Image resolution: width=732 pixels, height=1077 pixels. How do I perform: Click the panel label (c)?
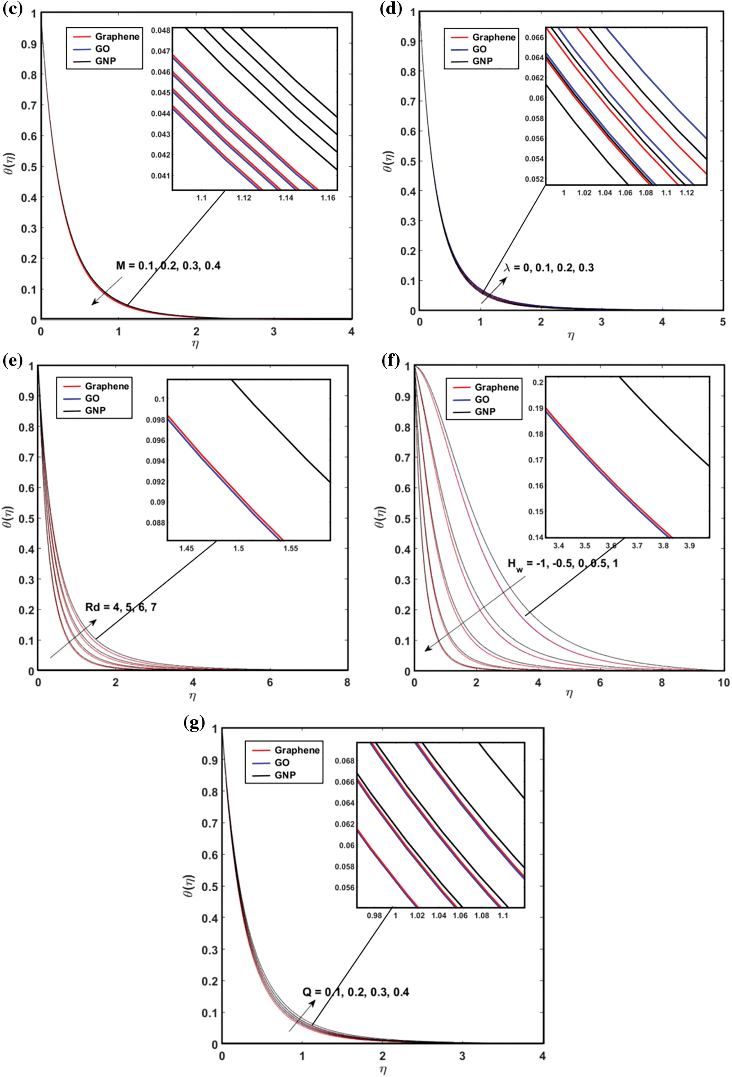(x=12, y=9)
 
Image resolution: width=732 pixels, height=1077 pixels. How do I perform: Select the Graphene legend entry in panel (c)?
(x=117, y=37)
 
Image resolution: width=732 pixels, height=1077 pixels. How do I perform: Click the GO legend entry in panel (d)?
(x=479, y=49)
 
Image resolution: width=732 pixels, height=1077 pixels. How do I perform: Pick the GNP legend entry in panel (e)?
(x=95, y=410)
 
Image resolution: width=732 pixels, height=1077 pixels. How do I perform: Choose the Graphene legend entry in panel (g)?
(x=297, y=750)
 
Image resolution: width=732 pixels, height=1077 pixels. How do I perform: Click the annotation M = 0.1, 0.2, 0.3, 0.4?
(x=169, y=266)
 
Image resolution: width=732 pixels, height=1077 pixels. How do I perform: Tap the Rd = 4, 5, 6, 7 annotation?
(x=121, y=607)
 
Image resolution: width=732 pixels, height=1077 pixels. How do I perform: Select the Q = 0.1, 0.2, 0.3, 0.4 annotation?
(x=356, y=992)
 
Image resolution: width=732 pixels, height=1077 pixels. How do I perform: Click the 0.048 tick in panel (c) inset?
(x=160, y=30)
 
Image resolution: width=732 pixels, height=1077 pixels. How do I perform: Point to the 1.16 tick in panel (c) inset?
(x=328, y=198)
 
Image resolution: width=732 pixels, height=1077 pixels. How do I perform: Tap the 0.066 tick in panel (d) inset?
(x=534, y=37)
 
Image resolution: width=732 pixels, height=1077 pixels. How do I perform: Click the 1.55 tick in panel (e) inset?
(x=291, y=548)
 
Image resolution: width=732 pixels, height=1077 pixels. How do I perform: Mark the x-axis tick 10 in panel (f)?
(x=723, y=683)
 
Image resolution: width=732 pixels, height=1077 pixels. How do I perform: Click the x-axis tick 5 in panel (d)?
(x=723, y=322)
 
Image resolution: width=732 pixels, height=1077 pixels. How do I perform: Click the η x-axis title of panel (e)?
(x=192, y=695)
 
